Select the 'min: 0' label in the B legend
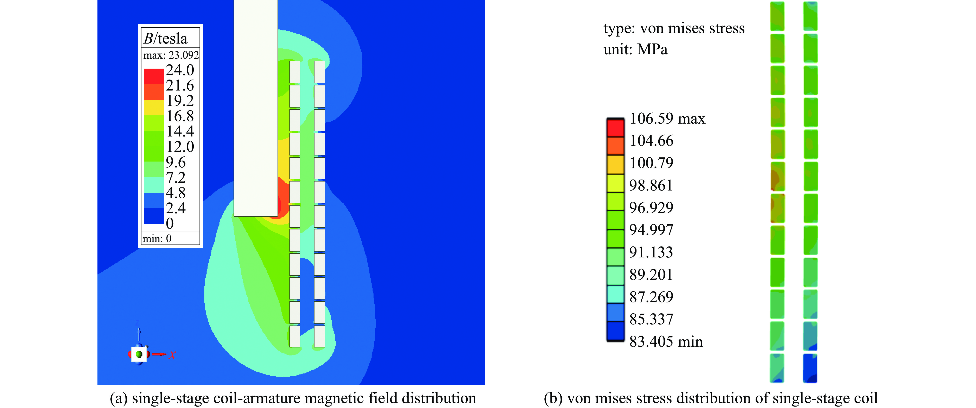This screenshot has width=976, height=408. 157,238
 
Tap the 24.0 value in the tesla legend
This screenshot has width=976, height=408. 180,70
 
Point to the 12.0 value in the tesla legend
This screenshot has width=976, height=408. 180,147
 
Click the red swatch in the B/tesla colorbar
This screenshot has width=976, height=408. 154,76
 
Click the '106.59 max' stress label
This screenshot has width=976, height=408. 667,119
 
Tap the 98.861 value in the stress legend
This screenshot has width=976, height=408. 651,185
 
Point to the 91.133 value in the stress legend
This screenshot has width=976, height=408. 651,252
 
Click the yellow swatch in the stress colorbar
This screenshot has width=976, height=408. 615,183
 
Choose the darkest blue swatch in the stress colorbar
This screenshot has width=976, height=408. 615,331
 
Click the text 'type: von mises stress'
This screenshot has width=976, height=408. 674,28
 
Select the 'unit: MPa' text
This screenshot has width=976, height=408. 635,49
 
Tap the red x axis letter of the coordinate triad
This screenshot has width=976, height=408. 172,354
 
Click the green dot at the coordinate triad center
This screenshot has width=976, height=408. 139,354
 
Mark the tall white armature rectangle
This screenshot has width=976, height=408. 256,108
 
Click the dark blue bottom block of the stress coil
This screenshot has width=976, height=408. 810,368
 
